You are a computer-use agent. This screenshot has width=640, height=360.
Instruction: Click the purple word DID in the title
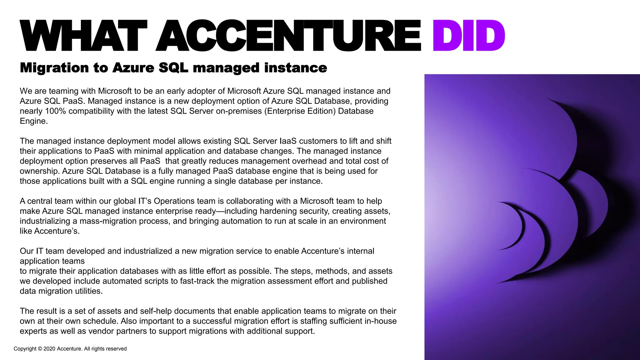(469, 35)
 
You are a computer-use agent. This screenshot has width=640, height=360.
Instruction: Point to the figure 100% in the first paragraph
(55, 111)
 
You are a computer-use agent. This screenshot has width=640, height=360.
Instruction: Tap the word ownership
(40, 171)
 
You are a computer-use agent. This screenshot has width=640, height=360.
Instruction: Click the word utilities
(89, 291)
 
